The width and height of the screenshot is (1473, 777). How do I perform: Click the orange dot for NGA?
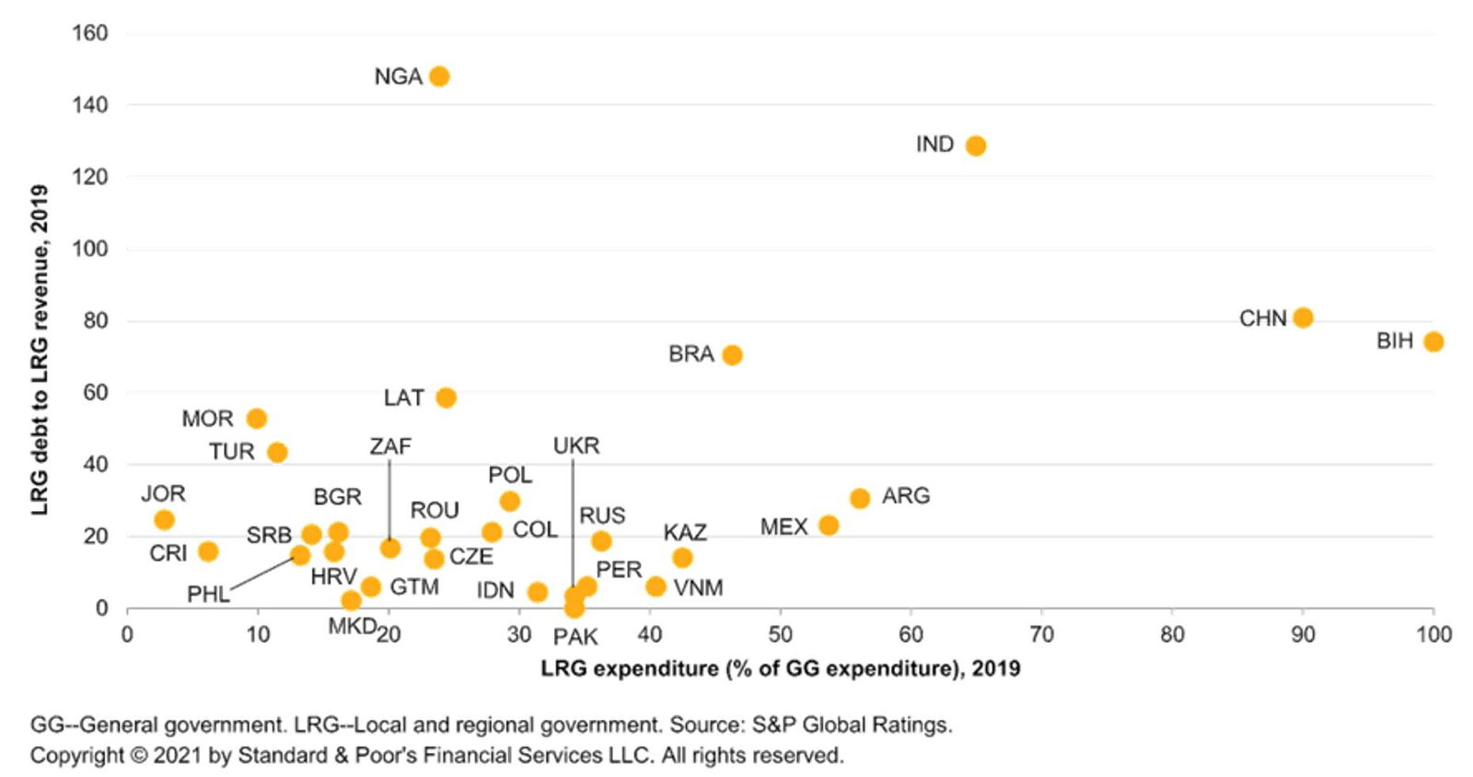tap(439, 76)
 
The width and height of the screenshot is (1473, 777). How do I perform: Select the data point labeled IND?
tap(976, 145)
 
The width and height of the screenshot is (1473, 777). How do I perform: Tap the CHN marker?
tap(1303, 318)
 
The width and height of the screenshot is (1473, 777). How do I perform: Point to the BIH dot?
tap(1433, 342)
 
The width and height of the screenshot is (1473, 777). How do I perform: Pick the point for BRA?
tap(732, 354)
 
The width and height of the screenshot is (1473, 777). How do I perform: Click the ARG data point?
tap(860, 498)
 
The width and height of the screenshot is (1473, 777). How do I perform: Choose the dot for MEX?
tap(829, 525)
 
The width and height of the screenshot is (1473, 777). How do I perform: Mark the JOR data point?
tap(164, 520)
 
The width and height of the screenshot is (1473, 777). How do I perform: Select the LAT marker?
tap(446, 398)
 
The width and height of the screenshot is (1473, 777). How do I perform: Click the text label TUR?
tap(231, 452)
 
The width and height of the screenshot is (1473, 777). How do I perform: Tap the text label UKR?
tap(576, 446)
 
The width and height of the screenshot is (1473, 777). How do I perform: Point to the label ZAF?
tap(390, 446)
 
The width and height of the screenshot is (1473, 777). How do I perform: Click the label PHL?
tap(208, 595)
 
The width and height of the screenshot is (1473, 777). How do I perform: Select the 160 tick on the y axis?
tap(90, 33)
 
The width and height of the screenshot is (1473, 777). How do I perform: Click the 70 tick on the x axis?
tap(1041, 633)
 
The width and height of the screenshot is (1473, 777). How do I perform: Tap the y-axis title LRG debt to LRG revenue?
tap(40, 350)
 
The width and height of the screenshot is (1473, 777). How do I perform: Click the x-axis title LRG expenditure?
tap(780, 667)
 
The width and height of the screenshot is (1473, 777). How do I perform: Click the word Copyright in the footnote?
tap(76, 756)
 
